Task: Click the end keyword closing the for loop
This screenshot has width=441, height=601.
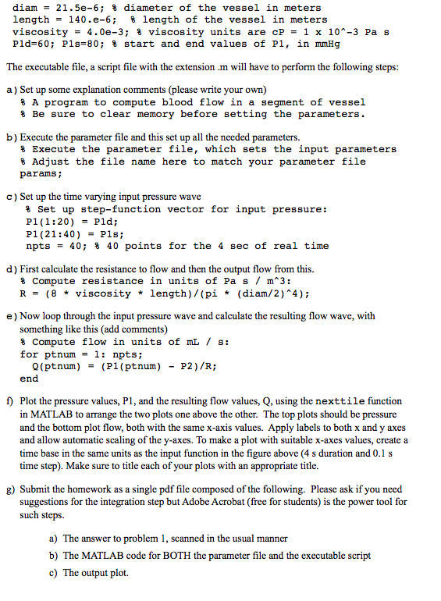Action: (x=29, y=378)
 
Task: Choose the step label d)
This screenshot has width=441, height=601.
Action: (x=11, y=270)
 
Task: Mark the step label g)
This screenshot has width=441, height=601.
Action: (x=11, y=489)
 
